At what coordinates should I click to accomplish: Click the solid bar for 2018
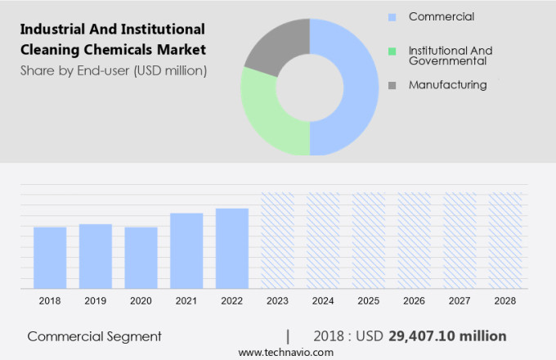pos(50,258)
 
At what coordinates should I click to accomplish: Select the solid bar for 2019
pos(96,256)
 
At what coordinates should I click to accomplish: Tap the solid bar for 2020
pos(141,258)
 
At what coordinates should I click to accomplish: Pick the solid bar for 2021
pos(186,250)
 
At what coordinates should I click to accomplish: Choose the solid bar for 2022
pos(232,248)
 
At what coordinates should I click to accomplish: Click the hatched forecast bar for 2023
pos(277,241)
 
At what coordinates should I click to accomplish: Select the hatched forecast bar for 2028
pos(504,241)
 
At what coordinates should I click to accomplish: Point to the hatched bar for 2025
pos(368,241)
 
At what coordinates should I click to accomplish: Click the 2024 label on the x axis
pos(323,301)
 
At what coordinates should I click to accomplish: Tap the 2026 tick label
pos(414,301)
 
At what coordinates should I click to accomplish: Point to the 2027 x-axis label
pos(460,301)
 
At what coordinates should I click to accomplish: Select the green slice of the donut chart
pos(266,115)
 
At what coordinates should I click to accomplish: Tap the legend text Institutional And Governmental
pos(450,56)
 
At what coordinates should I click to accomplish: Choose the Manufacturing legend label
pos(447,84)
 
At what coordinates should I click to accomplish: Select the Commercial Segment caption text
pos(94,335)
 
